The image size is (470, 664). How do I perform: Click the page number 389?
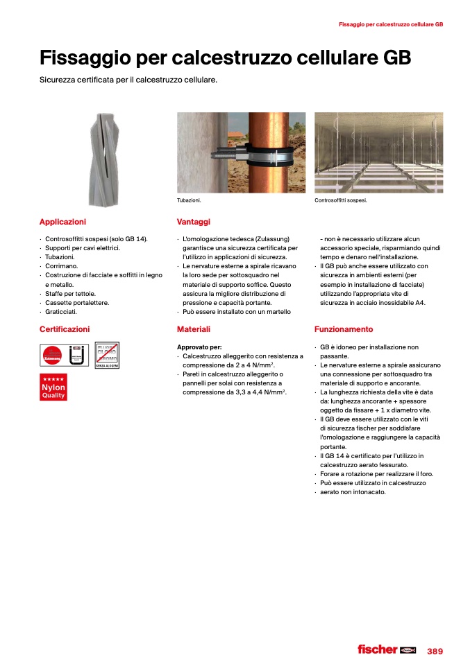[435, 651]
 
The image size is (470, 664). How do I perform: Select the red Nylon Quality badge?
[53, 387]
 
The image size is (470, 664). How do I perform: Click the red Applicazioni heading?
[62, 222]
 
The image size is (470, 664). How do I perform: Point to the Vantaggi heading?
[193, 222]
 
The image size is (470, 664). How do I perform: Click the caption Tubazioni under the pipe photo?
[189, 200]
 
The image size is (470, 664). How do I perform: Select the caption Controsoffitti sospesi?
[340, 200]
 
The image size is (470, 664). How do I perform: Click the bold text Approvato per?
[199, 347]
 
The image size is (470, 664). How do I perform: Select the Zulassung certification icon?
[52, 355]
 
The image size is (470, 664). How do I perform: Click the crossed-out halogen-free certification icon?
[107, 355]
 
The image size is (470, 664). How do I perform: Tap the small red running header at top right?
[390, 24]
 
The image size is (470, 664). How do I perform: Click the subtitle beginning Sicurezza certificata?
[128, 80]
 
